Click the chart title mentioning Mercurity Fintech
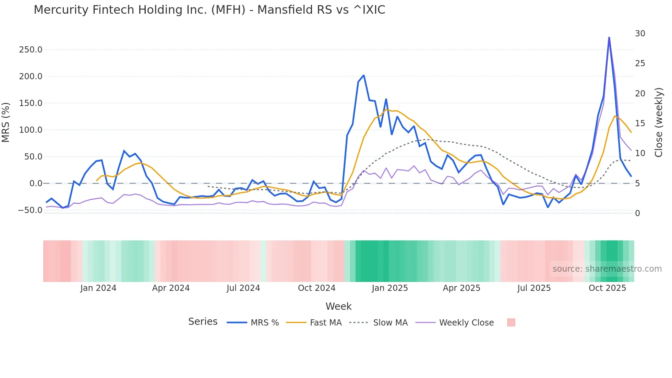[209, 10]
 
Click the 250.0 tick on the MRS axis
[31, 50]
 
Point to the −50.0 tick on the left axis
[30, 210]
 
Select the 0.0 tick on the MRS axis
[36, 184]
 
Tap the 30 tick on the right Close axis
[640, 34]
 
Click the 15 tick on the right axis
[640, 123]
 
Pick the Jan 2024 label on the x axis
[98, 288]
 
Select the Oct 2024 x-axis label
[316, 288]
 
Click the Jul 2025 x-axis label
[534, 288]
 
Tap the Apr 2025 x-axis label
[461, 288]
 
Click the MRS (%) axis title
[6, 122]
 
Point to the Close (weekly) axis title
[659, 122]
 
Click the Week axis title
[338, 306]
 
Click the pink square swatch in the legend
[511, 322]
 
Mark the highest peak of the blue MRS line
[609, 37]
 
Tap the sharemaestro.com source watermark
[607, 269]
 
